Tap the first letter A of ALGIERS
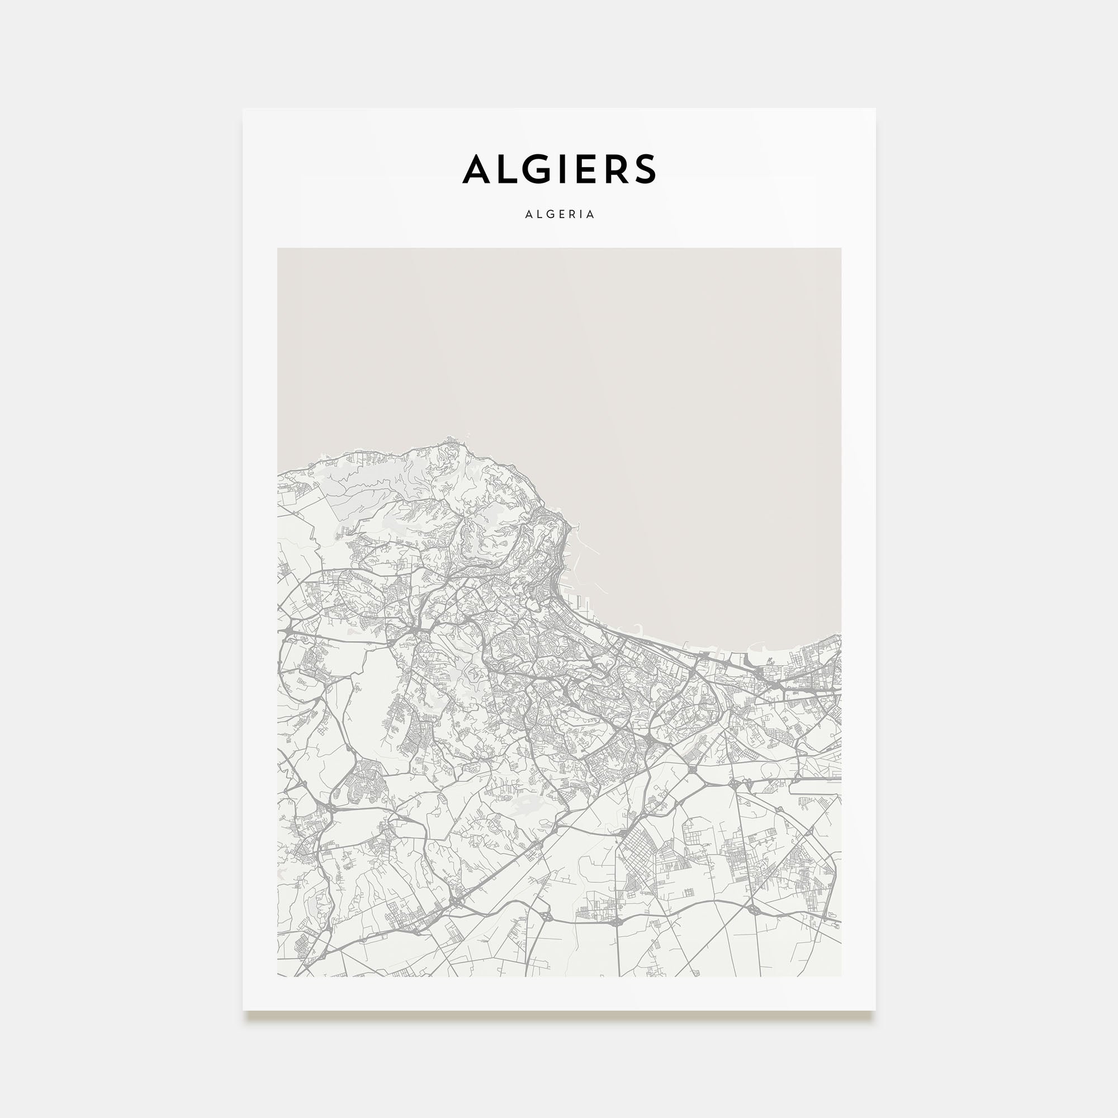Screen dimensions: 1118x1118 [x=476, y=169]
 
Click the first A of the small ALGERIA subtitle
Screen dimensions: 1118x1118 [x=528, y=215]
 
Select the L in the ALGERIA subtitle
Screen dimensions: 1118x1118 [x=539, y=215]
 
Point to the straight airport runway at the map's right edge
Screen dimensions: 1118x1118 [x=816, y=779]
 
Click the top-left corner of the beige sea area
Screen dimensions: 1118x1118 [x=278, y=249]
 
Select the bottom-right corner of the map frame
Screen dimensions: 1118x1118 [x=840, y=975]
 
